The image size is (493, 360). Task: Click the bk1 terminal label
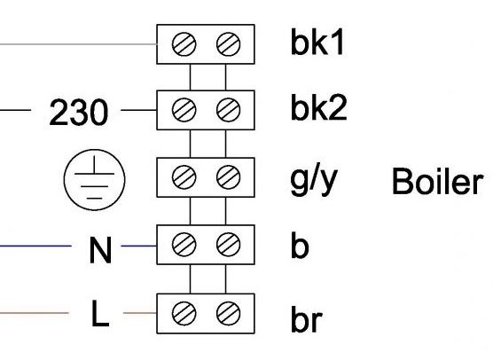coord(317,43)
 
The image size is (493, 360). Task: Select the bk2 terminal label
coord(319,107)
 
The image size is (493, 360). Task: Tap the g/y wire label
coord(314,181)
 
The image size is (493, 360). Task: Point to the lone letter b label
coord(300,245)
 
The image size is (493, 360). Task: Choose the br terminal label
coord(307,318)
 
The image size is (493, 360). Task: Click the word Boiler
coord(437,181)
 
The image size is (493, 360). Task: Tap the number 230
coord(78,113)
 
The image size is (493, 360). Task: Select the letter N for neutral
coord(100,250)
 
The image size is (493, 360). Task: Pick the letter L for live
coord(100,313)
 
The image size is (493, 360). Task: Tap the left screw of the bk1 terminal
coord(184,44)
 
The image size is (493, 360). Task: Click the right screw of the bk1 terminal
coord(229,44)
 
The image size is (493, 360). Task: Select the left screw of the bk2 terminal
coord(184,110)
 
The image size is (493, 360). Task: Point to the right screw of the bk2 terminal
coord(229,110)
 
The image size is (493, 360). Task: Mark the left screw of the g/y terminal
coord(184,177)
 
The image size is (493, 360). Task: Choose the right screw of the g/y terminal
coord(229,177)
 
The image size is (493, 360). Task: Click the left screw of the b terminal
coord(184,245)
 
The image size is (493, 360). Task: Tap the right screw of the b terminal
coord(229,245)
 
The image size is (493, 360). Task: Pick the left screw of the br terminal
coord(184,313)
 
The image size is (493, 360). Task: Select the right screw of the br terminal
coord(229,313)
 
